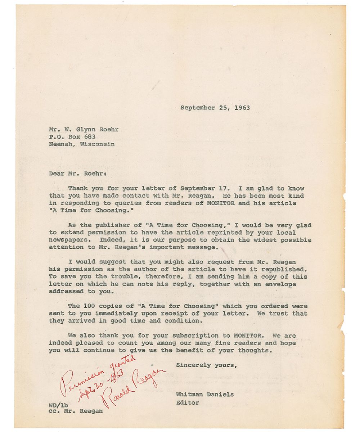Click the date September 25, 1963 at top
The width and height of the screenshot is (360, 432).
[215, 107]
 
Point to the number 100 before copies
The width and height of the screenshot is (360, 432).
[89, 306]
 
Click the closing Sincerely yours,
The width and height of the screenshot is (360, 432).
[207, 365]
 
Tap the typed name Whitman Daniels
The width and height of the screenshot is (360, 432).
[204, 395]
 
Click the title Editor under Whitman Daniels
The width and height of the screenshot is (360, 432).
[187, 402]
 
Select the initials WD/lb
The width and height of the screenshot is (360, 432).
[57, 404]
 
